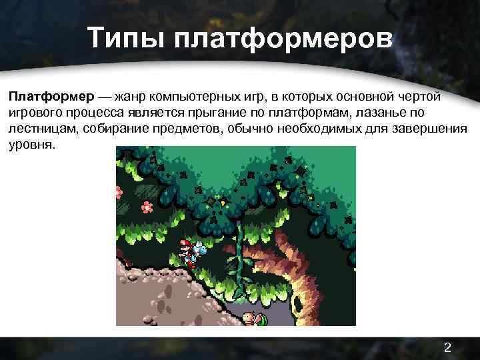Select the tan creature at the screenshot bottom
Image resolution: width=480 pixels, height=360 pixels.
(249, 318)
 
